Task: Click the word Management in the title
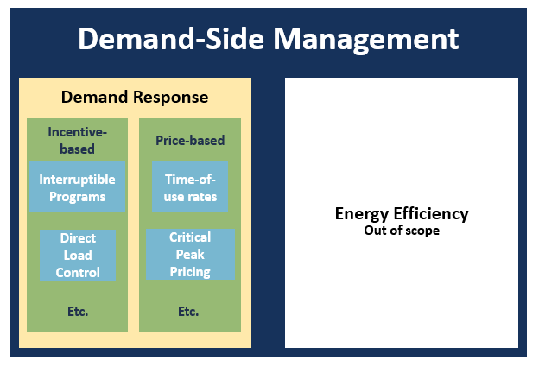coord(366,40)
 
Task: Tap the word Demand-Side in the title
coord(171,39)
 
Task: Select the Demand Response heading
coord(135,98)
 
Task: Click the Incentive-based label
coord(78,141)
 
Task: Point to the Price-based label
coord(190,141)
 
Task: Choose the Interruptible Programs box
coord(78,187)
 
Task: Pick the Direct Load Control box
coord(78,255)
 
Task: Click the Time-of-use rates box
coord(190,187)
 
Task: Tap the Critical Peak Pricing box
coord(190,254)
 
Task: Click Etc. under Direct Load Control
coord(78,312)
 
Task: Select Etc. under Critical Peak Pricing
coord(188,312)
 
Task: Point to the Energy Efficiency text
coord(402,214)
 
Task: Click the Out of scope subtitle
coord(402,231)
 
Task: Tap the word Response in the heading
coord(171,98)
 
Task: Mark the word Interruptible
coord(78,180)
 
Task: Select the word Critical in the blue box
coord(190,237)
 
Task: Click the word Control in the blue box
coord(78,273)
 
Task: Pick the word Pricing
coord(190,272)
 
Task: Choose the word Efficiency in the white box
coord(431,214)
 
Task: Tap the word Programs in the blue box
coord(78,197)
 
